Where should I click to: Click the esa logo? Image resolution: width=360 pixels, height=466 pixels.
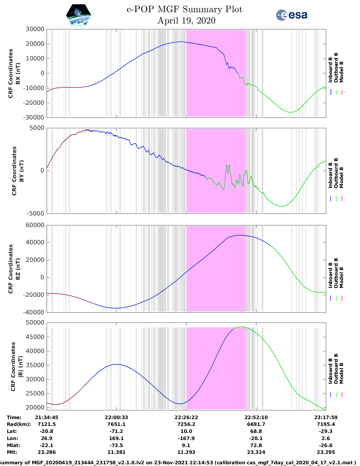[292, 15]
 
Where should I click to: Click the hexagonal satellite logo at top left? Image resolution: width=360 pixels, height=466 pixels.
[79, 15]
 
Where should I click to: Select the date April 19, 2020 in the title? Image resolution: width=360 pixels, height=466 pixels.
[186, 21]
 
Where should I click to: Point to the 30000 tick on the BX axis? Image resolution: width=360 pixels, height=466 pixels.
[35, 29]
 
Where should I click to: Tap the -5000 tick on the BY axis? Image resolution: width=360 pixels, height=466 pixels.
[35, 213]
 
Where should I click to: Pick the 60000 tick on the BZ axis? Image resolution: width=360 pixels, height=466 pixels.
[35, 225]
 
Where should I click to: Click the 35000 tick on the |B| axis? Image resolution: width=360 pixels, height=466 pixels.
[35, 365]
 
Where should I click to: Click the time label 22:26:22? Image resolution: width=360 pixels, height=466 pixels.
[186, 417]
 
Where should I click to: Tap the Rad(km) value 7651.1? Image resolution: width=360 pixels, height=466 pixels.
[116, 424]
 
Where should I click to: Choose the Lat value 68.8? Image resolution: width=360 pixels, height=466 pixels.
[256, 431]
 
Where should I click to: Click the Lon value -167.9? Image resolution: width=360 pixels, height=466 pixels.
[186, 438]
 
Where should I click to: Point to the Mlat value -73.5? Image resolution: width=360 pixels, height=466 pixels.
[116, 445]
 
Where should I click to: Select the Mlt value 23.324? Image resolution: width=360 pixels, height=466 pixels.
[256, 452]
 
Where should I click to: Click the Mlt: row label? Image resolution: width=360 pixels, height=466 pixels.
[12, 452]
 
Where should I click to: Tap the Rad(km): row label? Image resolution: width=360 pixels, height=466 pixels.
[19, 424]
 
